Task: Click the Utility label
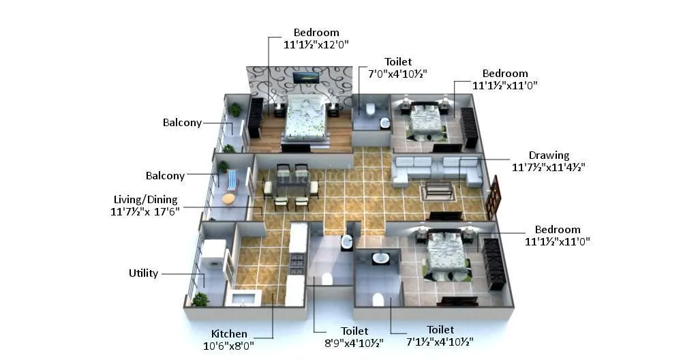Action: [143, 273]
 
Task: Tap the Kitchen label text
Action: [229, 334]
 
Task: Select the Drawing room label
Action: [549, 155]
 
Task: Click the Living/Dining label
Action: [145, 200]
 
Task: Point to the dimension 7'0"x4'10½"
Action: [398, 74]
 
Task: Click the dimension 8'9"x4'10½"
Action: [354, 342]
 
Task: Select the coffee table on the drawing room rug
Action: [438, 188]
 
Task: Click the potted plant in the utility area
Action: [200, 299]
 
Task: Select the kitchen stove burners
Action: [297, 262]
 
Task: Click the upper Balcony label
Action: [182, 123]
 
